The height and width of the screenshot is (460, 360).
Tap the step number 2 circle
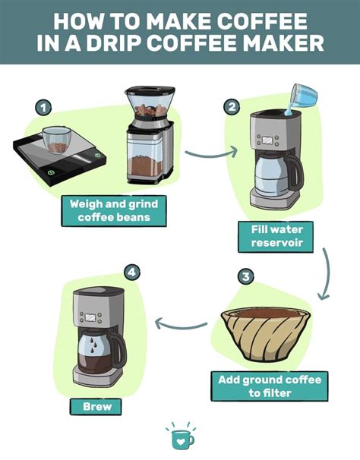click(232, 107)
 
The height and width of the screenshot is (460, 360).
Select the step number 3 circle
click(245, 277)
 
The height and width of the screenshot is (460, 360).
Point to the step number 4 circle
click(132, 270)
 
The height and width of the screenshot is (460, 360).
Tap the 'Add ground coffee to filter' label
click(270, 386)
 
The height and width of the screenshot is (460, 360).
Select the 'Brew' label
click(96, 406)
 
